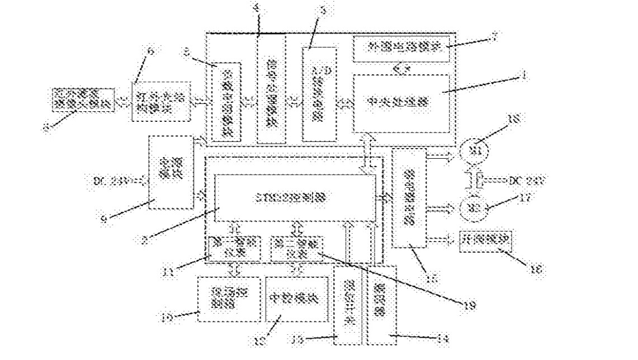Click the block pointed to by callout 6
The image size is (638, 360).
point(161,101)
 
